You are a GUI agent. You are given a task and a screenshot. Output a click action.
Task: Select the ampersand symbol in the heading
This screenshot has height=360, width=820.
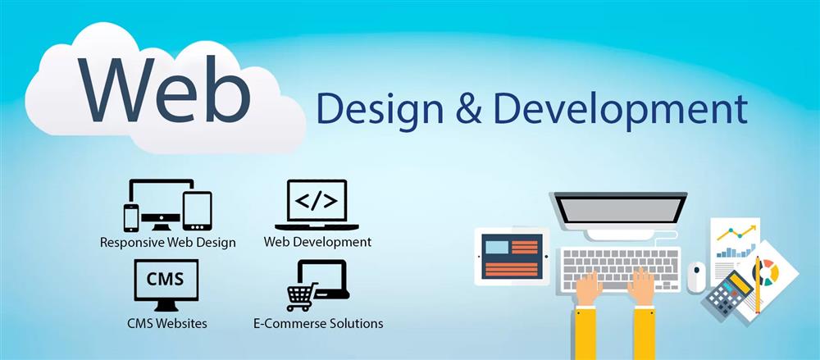click(468, 109)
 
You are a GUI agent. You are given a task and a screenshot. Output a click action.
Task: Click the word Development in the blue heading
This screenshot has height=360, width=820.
click(620, 112)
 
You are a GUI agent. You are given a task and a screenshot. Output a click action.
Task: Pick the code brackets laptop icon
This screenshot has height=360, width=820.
click(317, 205)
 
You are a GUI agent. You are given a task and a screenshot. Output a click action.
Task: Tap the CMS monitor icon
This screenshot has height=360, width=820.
click(166, 285)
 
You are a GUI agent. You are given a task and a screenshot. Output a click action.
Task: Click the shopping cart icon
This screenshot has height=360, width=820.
click(302, 297)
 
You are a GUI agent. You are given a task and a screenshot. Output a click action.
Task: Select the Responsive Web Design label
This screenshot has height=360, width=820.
click(168, 243)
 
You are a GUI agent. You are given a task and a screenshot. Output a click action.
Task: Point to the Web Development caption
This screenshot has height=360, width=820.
click(317, 242)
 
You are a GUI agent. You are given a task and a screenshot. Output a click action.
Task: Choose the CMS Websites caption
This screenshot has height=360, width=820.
click(166, 323)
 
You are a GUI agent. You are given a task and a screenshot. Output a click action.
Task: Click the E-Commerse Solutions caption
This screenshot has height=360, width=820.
click(318, 323)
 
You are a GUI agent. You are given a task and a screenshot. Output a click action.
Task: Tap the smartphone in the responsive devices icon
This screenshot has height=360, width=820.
click(131, 217)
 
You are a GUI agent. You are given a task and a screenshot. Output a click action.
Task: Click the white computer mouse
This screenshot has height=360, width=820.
click(696, 277)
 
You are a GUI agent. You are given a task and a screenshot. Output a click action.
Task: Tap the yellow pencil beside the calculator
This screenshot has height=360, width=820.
click(757, 285)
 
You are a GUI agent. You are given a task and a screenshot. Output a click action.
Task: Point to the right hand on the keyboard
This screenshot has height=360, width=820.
click(641, 287)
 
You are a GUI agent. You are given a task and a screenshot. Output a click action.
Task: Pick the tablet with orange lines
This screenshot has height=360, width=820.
click(512, 257)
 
